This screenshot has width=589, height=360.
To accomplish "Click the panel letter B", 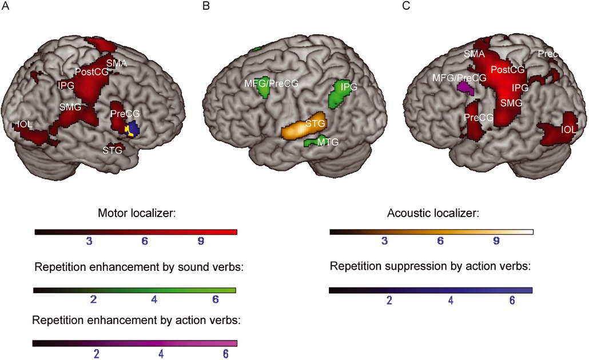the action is [x=206, y=6].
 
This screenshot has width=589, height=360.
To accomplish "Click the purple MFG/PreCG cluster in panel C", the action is [x=465, y=88].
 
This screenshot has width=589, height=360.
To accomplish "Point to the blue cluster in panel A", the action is [x=134, y=129].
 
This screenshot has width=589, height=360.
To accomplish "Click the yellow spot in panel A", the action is [x=129, y=131].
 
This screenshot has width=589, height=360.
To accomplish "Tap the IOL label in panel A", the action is [x=25, y=124].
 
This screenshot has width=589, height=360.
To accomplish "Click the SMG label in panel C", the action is [x=511, y=103].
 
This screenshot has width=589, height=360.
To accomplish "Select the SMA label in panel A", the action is [x=117, y=63].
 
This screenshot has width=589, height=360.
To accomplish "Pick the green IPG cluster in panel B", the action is [x=339, y=94].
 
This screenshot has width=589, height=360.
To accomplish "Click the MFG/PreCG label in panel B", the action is [x=271, y=83].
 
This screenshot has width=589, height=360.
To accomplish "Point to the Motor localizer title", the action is [x=137, y=213].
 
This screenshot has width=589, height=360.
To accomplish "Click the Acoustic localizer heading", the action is [x=433, y=213].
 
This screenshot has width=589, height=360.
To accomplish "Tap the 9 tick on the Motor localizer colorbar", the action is [x=201, y=241].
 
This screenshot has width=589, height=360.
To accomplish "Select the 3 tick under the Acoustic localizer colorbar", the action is [x=384, y=241].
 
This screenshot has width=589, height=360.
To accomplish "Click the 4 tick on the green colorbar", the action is [x=154, y=299].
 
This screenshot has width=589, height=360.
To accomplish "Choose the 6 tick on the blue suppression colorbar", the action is [x=512, y=300].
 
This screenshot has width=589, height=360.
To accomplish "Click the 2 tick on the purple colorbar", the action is [x=96, y=354].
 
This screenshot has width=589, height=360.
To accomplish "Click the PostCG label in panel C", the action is [x=507, y=70].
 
